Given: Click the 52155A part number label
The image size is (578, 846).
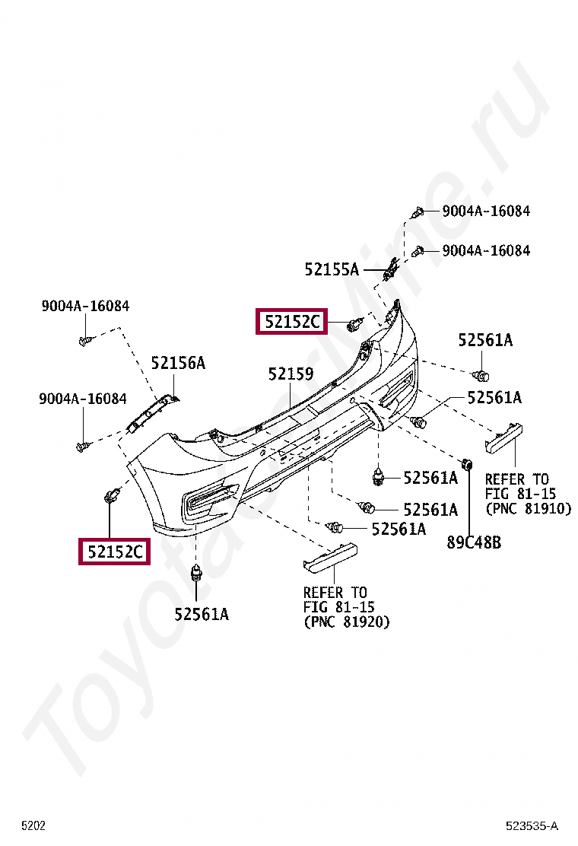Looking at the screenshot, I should (332, 269).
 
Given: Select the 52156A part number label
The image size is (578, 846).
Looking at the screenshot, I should (178, 363).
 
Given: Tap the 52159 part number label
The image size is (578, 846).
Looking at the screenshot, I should (291, 374).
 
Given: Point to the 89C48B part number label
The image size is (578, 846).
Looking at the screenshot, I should (474, 542).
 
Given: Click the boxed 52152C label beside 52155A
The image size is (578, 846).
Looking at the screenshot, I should (292, 323).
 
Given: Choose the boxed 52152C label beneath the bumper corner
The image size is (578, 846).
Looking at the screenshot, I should (114, 551).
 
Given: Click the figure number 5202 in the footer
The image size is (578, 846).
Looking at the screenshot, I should (33, 825).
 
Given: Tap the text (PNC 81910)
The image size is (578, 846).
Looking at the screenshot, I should (528, 508).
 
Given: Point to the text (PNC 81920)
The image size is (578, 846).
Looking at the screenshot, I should (346, 622).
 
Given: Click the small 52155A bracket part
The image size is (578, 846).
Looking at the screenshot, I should (392, 269).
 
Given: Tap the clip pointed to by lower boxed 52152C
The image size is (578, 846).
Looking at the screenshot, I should (111, 497).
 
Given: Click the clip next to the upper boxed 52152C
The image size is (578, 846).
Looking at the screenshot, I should (353, 326).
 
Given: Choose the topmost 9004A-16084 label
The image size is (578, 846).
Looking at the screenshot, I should (486, 211).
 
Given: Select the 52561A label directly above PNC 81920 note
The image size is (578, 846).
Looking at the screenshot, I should (398, 529).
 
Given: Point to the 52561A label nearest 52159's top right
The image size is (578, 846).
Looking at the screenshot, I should (485, 341).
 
